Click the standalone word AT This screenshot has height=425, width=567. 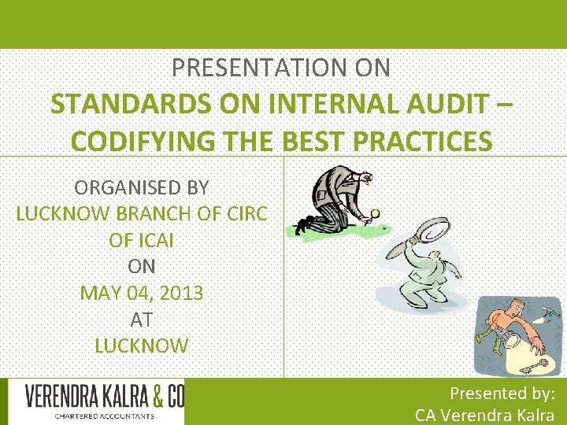[x=142, y=320]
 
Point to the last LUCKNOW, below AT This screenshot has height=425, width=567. [x=142, y=346]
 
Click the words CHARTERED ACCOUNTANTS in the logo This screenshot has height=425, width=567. [x=105, y=416]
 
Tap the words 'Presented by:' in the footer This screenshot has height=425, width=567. [x=502, y=393]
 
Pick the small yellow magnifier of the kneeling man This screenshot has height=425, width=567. [x=376, y=212]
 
